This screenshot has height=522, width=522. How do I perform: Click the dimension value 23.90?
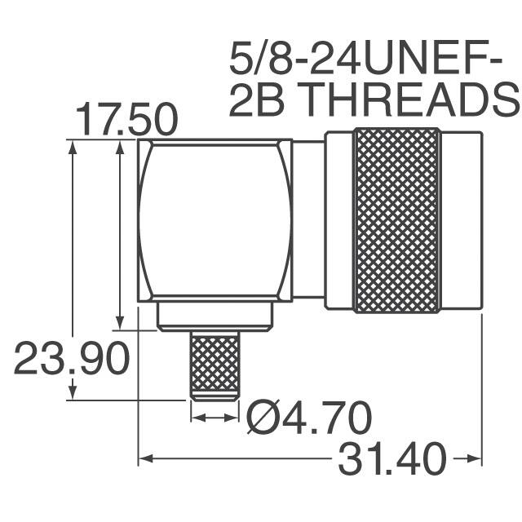click(72, 360)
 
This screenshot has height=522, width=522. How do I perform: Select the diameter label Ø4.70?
click(309, 419)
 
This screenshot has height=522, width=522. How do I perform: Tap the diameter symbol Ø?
click(263, 419)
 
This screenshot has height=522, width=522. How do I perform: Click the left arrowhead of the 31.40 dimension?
click(144, 459)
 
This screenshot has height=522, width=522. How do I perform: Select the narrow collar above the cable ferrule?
click(215, 317)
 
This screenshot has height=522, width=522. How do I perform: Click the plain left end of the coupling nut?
click(338, 222)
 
